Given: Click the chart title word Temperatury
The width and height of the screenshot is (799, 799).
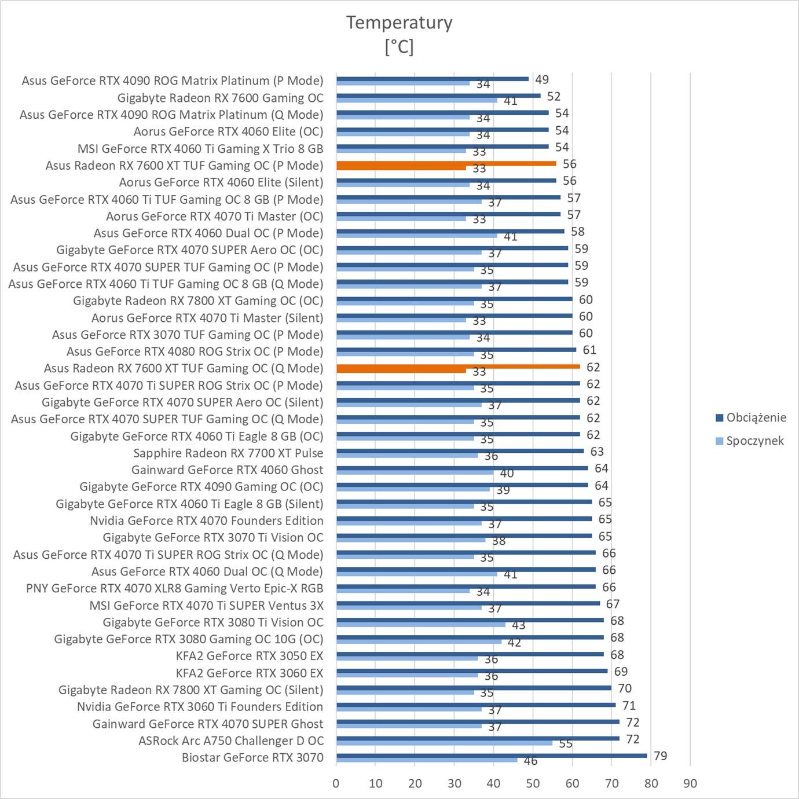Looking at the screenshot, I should (399, 23).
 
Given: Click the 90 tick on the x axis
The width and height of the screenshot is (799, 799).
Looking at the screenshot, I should (690, 783).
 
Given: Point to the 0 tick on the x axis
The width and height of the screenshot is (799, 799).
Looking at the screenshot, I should (336, 783).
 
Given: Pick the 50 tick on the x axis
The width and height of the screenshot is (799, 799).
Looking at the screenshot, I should (533, 783).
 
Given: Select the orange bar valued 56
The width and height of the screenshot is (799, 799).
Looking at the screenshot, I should (446, 164).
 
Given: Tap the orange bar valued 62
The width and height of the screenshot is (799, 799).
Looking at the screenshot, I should (457, 366).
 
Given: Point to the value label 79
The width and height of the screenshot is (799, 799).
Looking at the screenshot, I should (660, 756).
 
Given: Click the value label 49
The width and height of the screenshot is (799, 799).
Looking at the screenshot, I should (542, 79).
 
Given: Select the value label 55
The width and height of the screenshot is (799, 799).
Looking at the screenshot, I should (566, 743).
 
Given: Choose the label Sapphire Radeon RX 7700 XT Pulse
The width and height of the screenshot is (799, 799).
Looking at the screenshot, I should (228, 453).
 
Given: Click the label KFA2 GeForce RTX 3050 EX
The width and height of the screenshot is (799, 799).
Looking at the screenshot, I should (250, 656).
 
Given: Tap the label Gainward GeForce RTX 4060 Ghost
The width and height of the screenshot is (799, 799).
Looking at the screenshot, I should (227, 470).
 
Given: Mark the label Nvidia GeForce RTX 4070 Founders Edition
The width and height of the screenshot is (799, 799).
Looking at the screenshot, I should (206, 521).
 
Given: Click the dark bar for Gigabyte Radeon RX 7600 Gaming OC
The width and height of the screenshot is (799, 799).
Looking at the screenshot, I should (438, 96).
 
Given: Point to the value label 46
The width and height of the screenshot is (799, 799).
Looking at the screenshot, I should (530, 761).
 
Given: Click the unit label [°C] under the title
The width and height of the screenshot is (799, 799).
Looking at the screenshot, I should (399, 46).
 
